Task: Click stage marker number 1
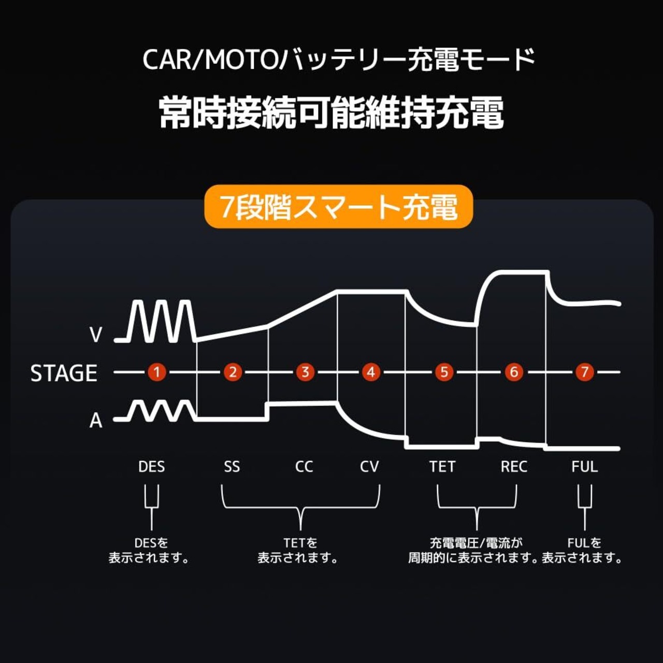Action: click(156, 372)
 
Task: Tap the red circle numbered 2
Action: click(233, 372)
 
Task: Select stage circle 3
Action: click(305, 372)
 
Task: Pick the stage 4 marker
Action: click(371, 372)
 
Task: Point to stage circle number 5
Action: click(444, 372)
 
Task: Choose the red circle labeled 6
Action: click(514, 372)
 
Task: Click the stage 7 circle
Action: click(585, 372)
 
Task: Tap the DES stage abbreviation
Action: click(151, 467)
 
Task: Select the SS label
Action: click(232, 467)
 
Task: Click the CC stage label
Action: click(304, 467)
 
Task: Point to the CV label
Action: click(369, 467)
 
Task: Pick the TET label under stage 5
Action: click(442, 467)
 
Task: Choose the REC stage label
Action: click(514, 467)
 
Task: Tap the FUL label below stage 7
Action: click(584, 467)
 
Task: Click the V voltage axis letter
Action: click(96, 335)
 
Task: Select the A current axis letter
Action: click(96, 421)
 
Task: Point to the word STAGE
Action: click(64, 373)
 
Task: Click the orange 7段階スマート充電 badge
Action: click(339, 207)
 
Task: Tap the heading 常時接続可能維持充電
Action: click(331, 112)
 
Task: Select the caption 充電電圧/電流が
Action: click(476, 543)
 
